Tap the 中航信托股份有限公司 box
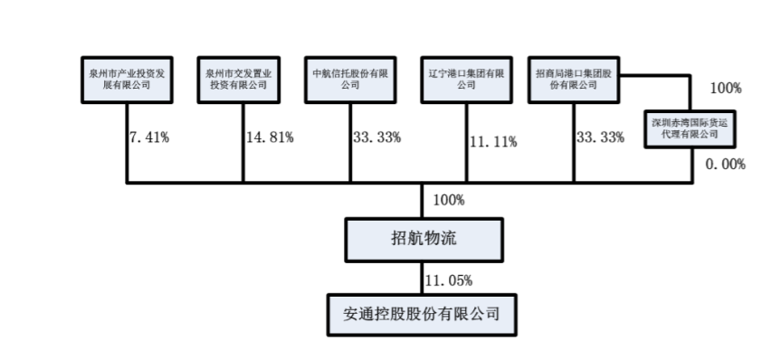(350, 79)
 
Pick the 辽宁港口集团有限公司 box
(466, 79)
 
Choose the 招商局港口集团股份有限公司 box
(573, 79)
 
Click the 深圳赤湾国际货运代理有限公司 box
(690, 127)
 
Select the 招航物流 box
(422, 239)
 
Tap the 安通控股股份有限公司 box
(422, 314)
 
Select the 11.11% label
(493, 141)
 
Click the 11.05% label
(450, 279)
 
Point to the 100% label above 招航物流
(449, 200)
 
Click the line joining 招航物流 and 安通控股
(423, 277)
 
